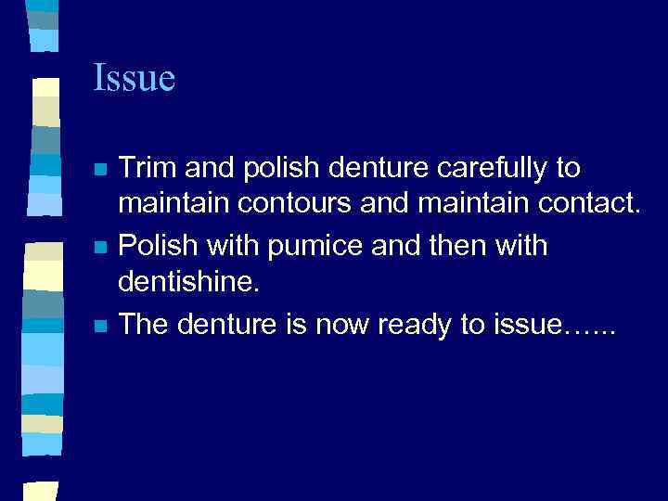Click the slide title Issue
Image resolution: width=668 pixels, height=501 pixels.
pos(134,78)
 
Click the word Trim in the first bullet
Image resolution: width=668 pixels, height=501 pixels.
pos(148,169)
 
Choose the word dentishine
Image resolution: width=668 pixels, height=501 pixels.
pos(186,280)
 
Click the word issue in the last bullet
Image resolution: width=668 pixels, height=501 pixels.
pos(520,325)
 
